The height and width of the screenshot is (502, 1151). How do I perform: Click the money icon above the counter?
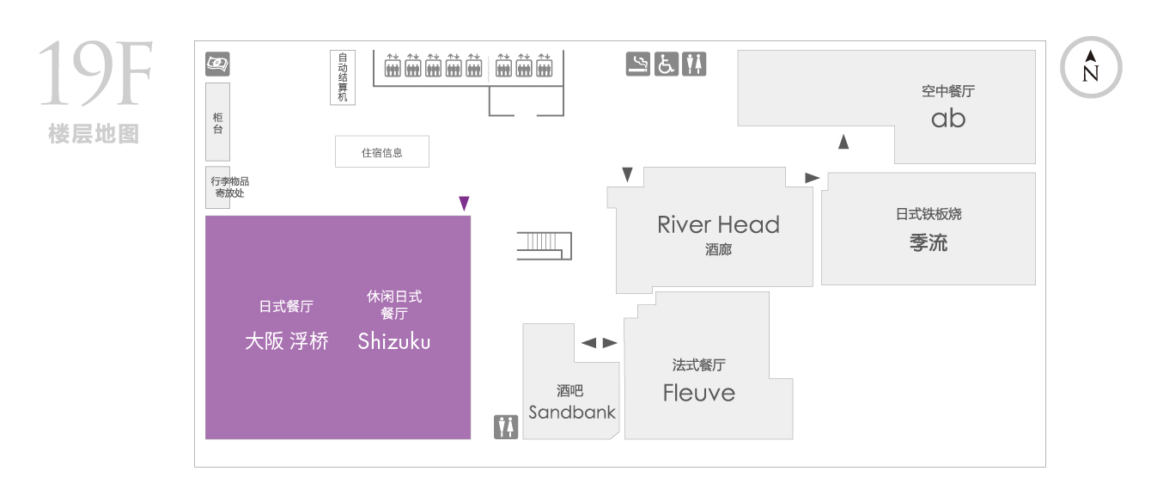[x=217, y=64]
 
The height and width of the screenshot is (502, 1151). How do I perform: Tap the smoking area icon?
[x=637, y=64]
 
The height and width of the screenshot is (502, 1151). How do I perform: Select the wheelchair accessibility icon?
[x=666, y=64]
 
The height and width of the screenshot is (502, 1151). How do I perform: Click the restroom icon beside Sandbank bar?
[x=506, y=427]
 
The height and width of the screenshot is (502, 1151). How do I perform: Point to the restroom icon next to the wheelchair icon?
[x=694, y=64]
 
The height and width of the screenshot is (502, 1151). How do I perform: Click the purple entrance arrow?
[x=464, y=204]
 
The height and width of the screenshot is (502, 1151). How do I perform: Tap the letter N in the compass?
[x=1090, y=74]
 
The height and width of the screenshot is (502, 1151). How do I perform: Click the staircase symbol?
[x=545, y=246]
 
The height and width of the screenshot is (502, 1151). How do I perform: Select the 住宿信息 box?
[x=381, y=152]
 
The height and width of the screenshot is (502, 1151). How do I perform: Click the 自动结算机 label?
[x=343, y=77]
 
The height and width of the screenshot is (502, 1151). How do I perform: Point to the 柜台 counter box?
[x=217, y=122]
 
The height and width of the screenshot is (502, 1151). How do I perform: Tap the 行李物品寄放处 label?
[x=229, y=187]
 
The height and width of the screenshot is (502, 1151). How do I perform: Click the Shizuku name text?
[x=394, y=341]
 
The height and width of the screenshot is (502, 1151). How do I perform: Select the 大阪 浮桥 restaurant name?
[x=287, y=341]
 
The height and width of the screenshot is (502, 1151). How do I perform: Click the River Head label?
[x=718, y=224]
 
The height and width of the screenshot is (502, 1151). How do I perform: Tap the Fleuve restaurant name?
[x=699, y=393]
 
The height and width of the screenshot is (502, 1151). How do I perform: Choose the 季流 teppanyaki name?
[x=928, y=242]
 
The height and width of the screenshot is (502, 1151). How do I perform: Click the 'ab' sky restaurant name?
[x=948, y=119]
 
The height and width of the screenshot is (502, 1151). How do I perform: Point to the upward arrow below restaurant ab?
[x=843, y=142]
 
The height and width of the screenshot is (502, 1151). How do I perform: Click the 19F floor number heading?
[x=95, y=74]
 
